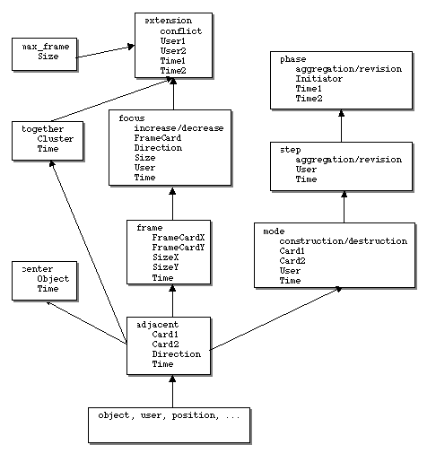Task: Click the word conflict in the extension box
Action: (180, 31)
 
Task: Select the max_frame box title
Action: (46, 47)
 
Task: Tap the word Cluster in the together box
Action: (56, 139)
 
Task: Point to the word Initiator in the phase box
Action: (318, 79)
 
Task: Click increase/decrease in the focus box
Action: (179, 128)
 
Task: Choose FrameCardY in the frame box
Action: (179, 248)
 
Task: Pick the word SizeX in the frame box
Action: (165, 257)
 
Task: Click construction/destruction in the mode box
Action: (344, 241)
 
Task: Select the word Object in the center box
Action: (53, 279)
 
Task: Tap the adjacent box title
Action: (158, 325)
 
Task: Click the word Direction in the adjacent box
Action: (176, 354)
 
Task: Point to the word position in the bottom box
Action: (194, 415)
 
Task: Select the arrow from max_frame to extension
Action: (105, 51)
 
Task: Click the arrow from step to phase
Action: (341, 126)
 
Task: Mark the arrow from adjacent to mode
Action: (275, 318)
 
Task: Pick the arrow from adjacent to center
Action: (86, 323)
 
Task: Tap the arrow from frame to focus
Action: (172, 204)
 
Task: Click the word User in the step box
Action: (306, 170)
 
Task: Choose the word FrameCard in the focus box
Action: (158, 138)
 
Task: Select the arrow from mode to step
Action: (344, 207)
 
